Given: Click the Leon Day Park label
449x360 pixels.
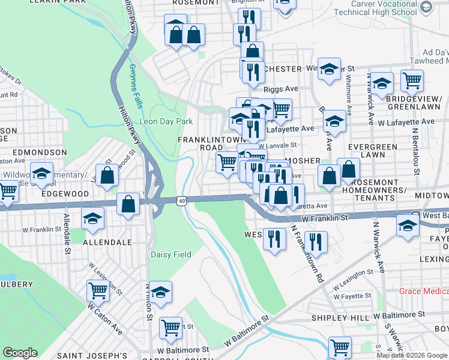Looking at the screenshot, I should (166, 121).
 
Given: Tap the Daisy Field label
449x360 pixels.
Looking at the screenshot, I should (170, 254).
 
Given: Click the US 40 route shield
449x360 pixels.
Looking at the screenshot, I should (182, 200).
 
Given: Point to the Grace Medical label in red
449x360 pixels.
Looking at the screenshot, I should (424, 291).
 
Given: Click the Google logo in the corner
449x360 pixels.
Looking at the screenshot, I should (20, 353).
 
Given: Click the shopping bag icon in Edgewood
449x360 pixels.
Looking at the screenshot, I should (108, 176).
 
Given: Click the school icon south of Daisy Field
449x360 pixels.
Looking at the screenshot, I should (160, 292).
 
